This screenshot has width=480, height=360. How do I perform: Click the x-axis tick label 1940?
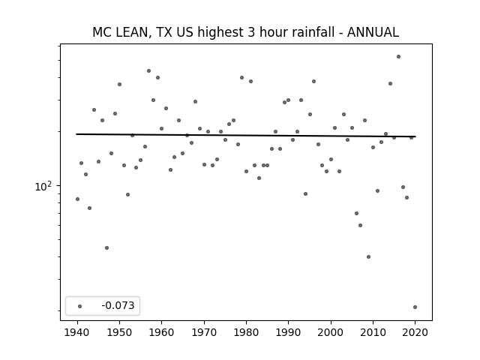click(x=77, y=332)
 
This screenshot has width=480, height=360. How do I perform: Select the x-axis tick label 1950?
click(x=120, y=332)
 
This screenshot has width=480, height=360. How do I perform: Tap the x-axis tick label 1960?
click(x=162, y=332)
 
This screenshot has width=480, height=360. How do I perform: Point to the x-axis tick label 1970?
click(x=204, y=332)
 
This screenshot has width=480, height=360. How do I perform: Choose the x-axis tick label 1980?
click(x=246, y=332)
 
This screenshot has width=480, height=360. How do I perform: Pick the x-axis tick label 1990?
click(x=288, y=332)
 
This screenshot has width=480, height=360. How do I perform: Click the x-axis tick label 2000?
click(x=331, y=332)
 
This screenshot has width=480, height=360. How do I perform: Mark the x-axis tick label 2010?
click(x=373, y=332)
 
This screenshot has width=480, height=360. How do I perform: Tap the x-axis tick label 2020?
click(x=415, y=332)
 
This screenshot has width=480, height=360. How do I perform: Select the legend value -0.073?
click(x=118, y=305)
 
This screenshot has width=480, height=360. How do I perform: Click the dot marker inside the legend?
click(x=80, y=306)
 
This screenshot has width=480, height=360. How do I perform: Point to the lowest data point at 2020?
click(x=415, y=307)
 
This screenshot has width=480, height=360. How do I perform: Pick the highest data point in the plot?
click(x=398, y=57)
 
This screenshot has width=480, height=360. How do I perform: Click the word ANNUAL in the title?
click(x=373, y=32)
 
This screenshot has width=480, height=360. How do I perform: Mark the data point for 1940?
click(x=77, y=199)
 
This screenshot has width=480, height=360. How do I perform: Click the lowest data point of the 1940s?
click(x=106, y=248)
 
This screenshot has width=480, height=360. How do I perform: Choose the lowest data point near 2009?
click(x=368, y=256)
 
